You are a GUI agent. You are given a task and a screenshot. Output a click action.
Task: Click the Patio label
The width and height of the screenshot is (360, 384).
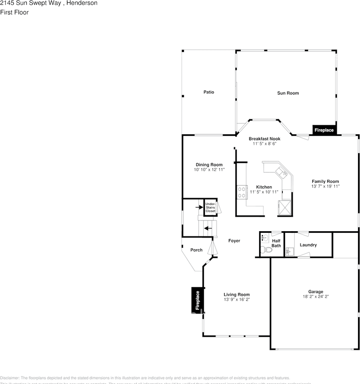(x=208, y=92)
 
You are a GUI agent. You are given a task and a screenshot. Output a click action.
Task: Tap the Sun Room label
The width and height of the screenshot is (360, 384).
(x=288, y=93)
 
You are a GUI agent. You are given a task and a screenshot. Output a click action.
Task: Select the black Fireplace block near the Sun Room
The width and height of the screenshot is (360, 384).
(x=324, y=130)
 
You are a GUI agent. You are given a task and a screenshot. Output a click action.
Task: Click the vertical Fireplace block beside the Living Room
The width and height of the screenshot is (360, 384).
(x=197, y=300)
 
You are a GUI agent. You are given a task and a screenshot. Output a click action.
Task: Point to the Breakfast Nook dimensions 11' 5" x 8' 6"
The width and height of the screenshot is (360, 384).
(x=264, y=144)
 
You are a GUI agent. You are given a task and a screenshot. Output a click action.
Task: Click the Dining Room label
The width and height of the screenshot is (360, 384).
(x=209, y=165)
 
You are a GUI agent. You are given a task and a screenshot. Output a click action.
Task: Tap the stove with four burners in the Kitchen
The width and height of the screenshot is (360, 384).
(x=242, y=192)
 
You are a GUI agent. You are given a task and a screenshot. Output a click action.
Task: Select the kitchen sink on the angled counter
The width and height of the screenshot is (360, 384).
(x=281, y=172)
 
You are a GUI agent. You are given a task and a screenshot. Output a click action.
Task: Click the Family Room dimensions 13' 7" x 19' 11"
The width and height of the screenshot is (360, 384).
(x=325, y=186)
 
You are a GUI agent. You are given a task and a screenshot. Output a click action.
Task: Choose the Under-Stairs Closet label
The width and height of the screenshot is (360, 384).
(x=210, y=207)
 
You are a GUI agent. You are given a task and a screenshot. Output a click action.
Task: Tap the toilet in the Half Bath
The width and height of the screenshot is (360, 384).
(x=266, y=250)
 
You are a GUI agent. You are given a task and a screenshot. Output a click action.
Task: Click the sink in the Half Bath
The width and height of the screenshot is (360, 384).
(x=264, y=238)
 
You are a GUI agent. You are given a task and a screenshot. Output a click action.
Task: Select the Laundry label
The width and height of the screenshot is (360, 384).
(x=308, y=245)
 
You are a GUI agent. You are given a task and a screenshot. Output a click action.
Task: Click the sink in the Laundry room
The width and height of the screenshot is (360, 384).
(x=289, y=252)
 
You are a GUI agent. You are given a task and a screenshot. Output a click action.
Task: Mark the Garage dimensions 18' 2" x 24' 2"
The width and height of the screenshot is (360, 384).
(x=316, y=297)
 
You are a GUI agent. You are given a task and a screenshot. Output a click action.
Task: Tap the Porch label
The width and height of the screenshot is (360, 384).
(x=196, y=250)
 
